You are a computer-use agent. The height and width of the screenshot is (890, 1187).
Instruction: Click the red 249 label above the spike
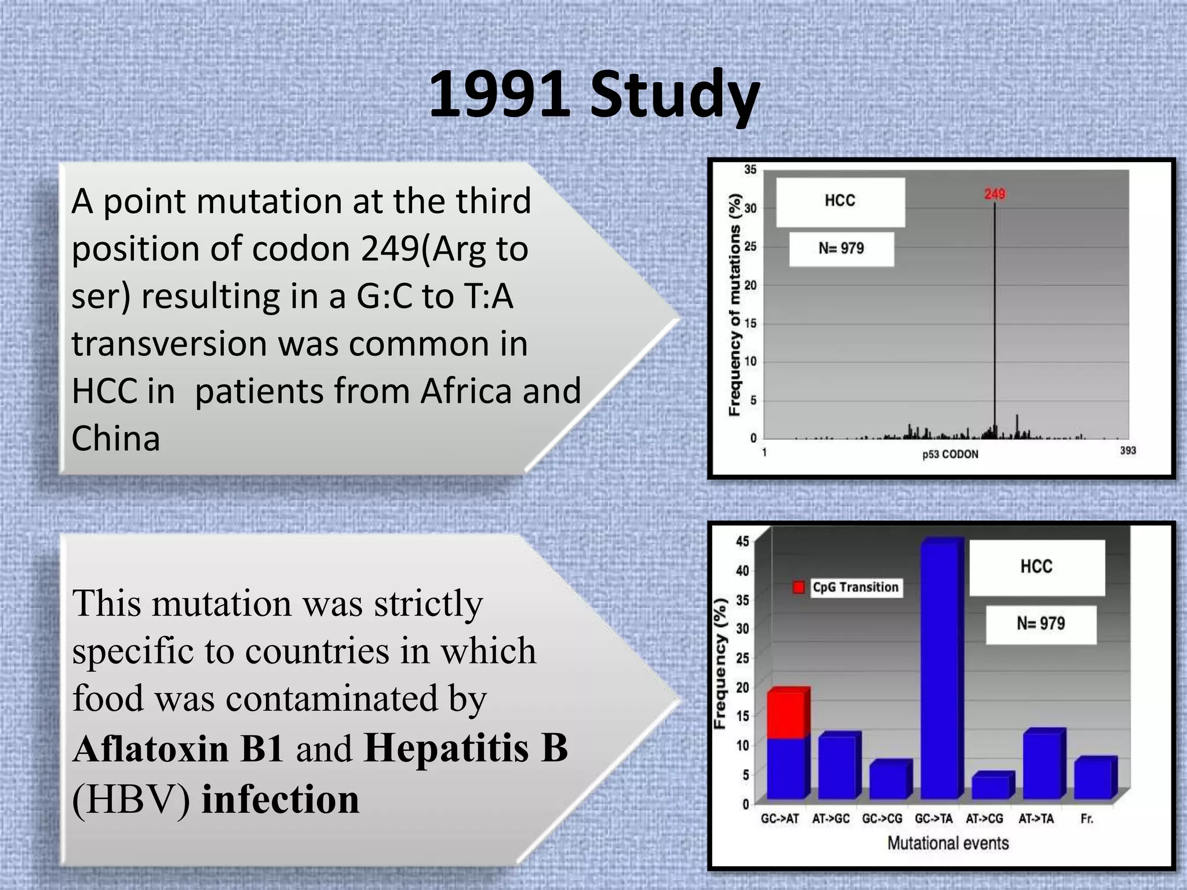coord(995,194)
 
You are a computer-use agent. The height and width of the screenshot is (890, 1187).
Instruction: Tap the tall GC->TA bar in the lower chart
coord(940,672)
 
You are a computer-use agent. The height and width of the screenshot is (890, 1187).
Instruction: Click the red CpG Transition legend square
coord(798,588)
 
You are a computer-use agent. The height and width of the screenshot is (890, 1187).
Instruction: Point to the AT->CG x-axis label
coord(984,819)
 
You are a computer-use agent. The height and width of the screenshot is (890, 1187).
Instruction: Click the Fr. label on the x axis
coord(1086,819)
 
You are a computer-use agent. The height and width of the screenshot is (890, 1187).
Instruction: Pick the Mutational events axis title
coord(948,843)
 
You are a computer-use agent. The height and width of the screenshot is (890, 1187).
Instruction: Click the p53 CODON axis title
coord(950,454)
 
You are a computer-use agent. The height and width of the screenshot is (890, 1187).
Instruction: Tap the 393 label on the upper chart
coord(1127,450)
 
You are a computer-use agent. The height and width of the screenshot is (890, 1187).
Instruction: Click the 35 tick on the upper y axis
coord(750,170)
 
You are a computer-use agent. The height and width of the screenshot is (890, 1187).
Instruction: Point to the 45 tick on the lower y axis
coord(742,541)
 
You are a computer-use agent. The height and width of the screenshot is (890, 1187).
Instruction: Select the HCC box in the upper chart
coord(840,201)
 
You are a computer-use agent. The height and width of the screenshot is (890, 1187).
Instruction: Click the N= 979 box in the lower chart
coord(1040,624)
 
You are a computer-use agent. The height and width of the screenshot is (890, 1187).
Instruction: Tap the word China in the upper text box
coord(115,438)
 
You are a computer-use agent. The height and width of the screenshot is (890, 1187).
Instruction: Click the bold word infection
coord(280,799)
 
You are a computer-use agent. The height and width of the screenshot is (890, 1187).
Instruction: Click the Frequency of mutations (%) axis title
coord(734,304)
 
